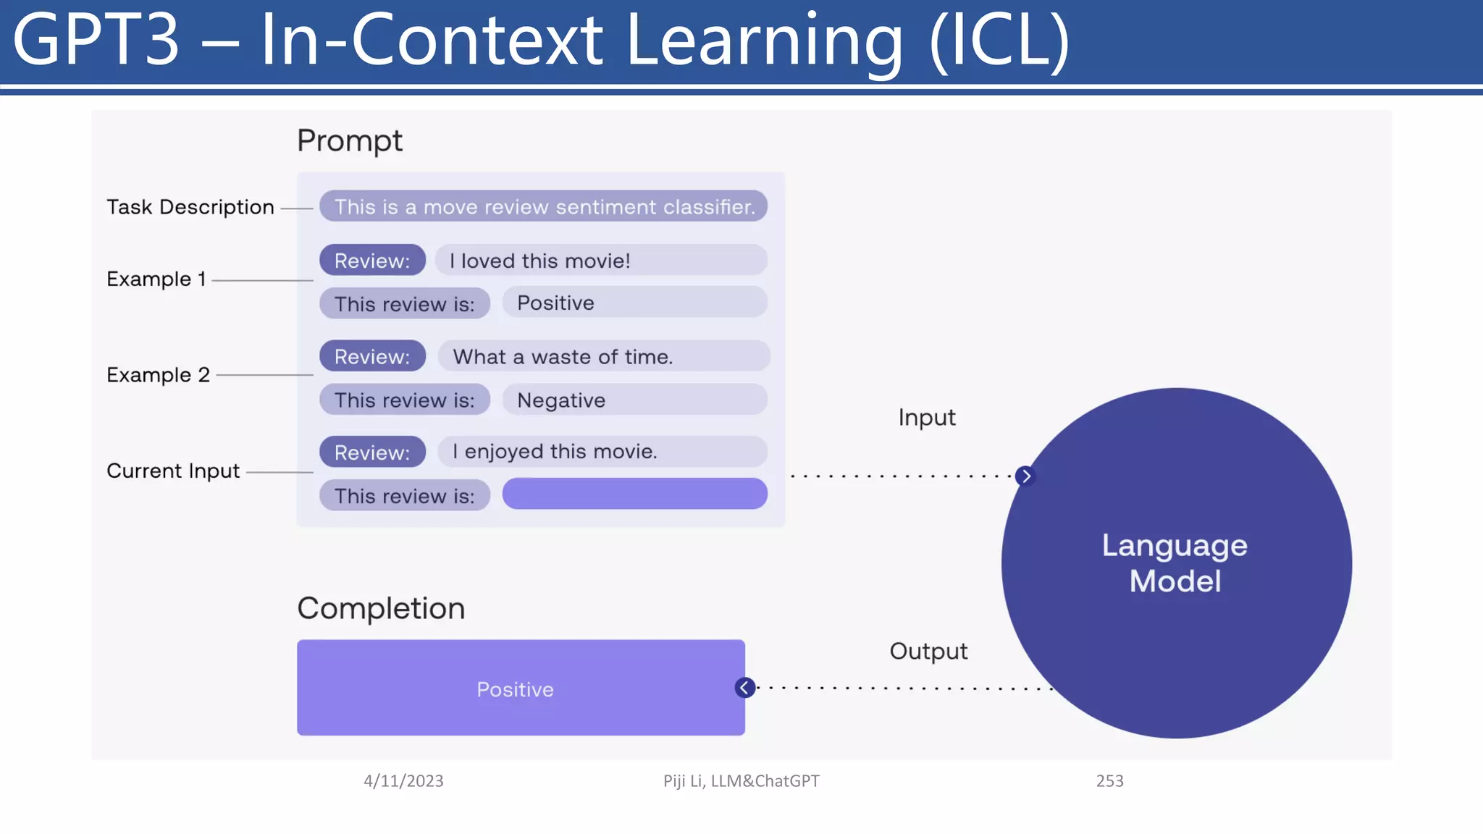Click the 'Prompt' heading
[349, 140]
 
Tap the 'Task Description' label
[190, 207]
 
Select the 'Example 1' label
[156, 279]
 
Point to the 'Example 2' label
[158, 375]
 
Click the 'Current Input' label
[172, 471]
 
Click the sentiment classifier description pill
[543, 207]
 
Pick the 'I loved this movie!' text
[539, 261]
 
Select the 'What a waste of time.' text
[563, 357]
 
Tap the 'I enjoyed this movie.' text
[554, 452]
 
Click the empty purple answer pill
[634, 494]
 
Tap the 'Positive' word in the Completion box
[515, 689]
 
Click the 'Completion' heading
[381, 608]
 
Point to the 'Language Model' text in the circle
[1175, 563]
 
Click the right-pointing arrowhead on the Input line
[1025, 476]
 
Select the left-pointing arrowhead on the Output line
[744, 688]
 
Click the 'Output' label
[928, 651]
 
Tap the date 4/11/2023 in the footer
[403, 781]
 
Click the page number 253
[1109, 781]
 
